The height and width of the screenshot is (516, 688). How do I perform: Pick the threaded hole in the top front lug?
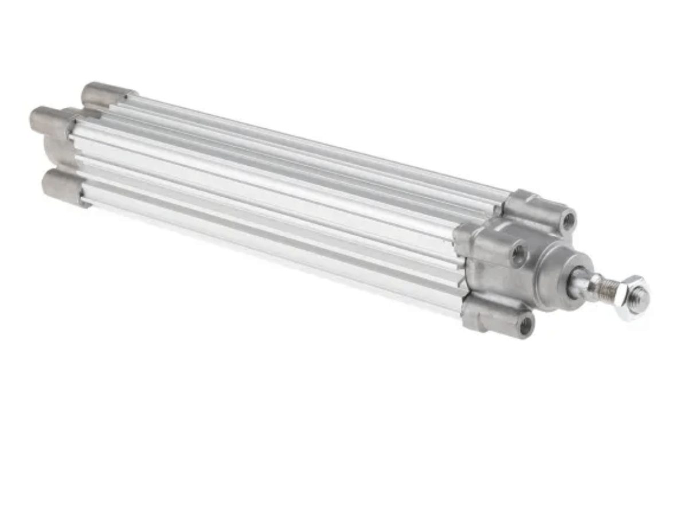(568, 220)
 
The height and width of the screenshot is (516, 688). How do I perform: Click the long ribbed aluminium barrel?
(275, 195)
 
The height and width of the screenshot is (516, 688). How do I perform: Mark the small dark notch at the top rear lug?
(132, 93)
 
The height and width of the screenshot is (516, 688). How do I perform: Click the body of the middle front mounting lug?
(487, 241)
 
